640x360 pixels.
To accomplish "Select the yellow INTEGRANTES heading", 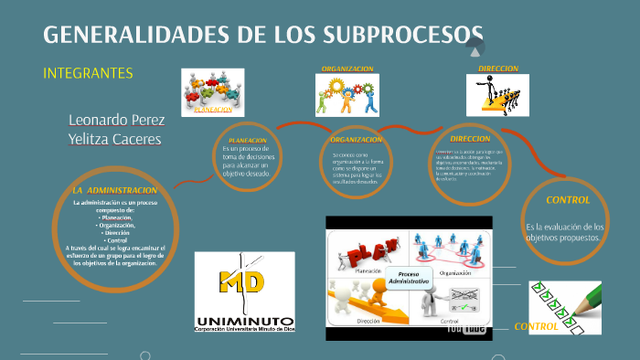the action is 89,73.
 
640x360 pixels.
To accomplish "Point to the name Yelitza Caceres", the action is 115,139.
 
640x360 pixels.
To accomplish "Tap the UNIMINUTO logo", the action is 245,293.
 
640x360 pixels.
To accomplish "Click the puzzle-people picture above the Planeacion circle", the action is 213,92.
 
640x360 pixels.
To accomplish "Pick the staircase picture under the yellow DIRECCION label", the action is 497,95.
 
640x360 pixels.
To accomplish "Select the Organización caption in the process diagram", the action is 454,271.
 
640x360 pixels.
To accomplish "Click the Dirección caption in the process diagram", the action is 368,322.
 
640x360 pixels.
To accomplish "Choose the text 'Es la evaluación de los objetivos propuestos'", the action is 563,231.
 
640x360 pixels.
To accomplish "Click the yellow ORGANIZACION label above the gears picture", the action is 347,69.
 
